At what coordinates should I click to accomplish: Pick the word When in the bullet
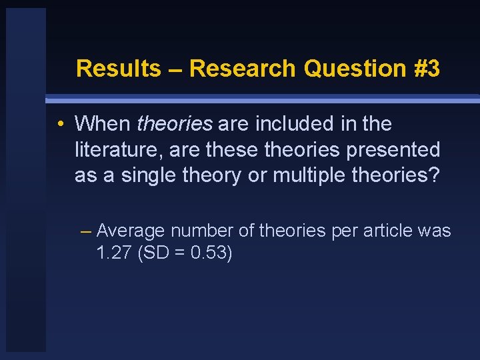click(x=103, y=123)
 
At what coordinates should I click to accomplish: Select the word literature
click(x=117, y=149)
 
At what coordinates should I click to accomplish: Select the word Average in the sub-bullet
click(x=131, y=231)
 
